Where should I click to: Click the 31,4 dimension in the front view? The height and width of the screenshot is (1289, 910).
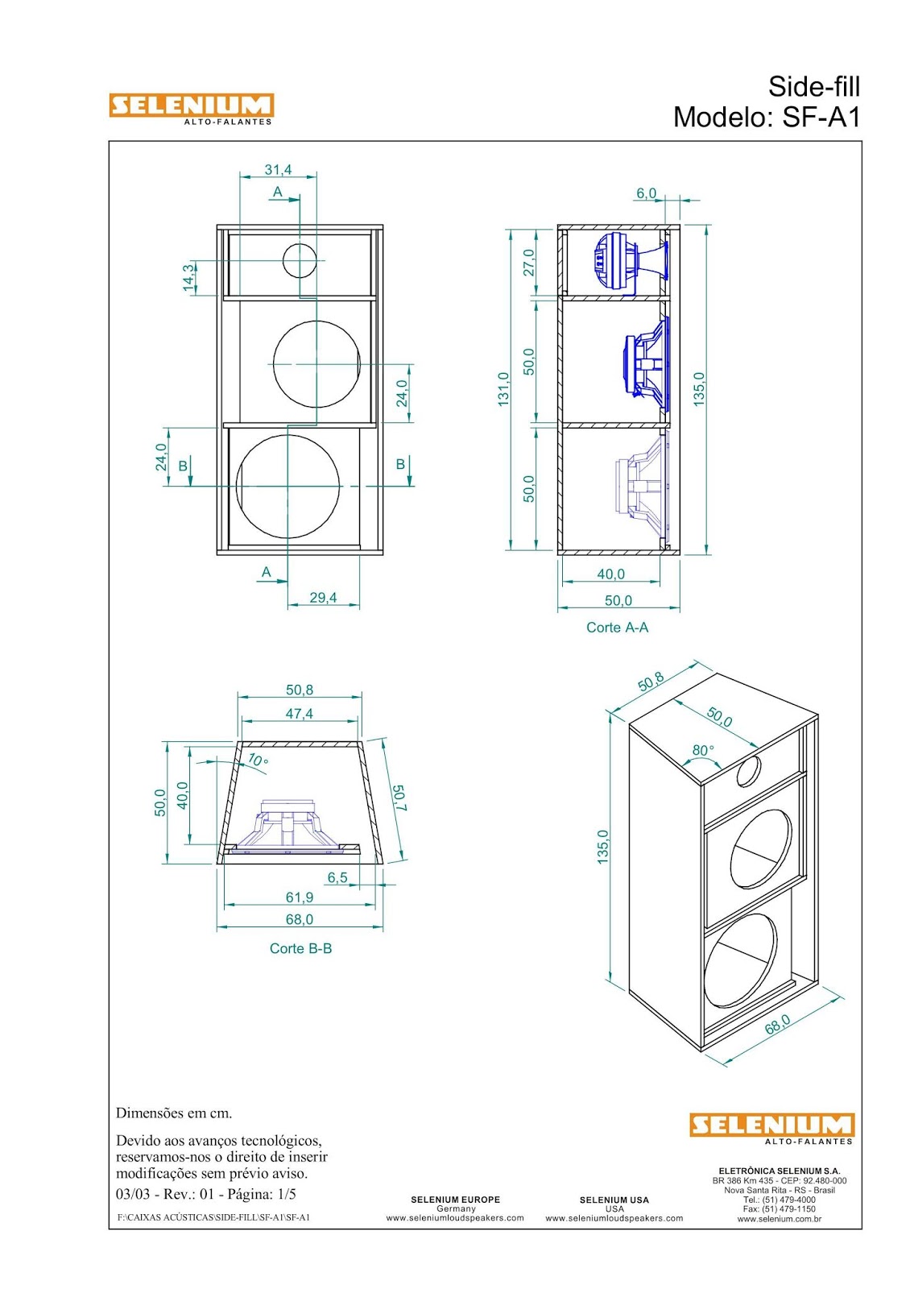tap(278, 170)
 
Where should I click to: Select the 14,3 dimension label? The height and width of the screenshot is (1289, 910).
tap(188, 277)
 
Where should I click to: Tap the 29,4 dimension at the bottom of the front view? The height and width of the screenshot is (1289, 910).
tap(323, 598)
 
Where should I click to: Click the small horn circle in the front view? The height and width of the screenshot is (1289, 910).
tap(299, 259)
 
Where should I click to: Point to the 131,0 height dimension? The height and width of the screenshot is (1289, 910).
tap(503, 389)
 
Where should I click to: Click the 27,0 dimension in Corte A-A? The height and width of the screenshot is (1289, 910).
tap(529, 263)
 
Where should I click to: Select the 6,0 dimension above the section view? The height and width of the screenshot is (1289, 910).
tap(646, 193)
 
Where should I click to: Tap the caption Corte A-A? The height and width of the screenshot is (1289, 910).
tap(617, 628)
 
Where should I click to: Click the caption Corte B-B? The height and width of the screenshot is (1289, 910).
tap(300, 949)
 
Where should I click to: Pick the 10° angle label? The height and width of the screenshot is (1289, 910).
tap(258, 760)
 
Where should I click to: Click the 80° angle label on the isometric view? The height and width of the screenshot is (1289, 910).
tap(703, 750)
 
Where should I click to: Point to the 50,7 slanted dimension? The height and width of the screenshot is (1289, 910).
tap(399, 798)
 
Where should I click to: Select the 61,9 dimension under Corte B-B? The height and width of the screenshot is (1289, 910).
tap(299, 897)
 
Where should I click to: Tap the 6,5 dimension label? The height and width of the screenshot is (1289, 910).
tap(337, 877)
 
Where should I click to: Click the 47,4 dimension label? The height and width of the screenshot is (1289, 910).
tap(299, 714)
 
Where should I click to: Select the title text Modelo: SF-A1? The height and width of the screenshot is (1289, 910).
tap(766, 118)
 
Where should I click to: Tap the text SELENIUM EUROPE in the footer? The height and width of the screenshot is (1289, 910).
tap(455, 1200)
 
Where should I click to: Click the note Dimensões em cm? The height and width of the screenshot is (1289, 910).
tap(174, 1113)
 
